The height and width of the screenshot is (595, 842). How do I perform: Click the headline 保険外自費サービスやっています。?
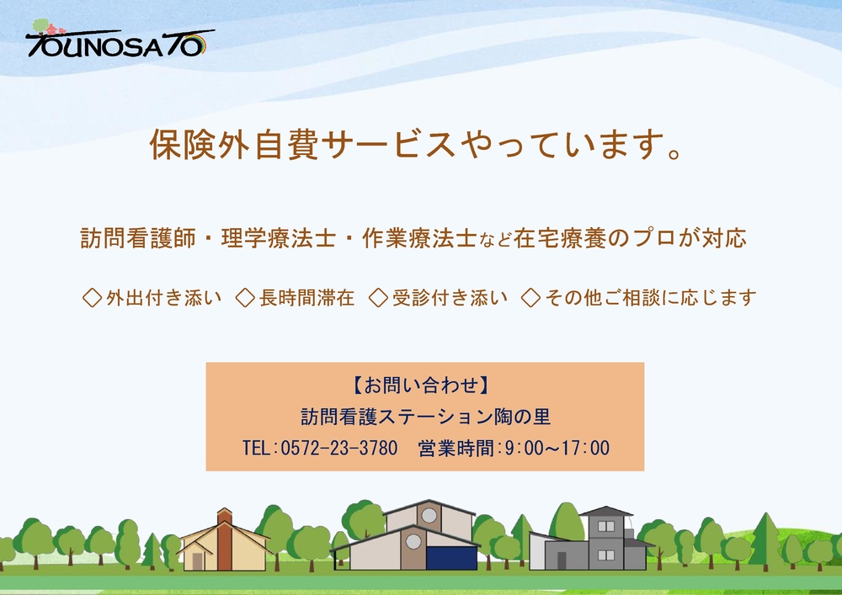(416, 144)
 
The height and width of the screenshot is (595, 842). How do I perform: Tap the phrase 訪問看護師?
(138, 238)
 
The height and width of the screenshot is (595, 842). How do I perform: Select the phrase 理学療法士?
(279, 238)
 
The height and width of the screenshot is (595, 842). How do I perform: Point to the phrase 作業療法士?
(420, 238)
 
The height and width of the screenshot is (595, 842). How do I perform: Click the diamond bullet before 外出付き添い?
(93, 297)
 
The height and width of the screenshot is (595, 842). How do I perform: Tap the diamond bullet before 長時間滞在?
(245, 297)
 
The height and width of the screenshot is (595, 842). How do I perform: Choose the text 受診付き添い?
(450, 297)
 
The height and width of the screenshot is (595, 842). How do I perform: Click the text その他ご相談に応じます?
(651, 297)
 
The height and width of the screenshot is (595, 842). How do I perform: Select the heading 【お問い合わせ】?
(421, 385)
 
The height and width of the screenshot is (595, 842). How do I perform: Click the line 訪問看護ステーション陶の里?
(425, 417)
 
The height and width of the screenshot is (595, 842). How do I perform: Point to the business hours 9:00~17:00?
(557, 448)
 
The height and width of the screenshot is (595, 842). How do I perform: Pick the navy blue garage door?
(451, 557)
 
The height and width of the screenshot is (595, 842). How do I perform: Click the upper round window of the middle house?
(429, 516)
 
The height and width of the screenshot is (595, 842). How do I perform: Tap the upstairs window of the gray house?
(606, 526)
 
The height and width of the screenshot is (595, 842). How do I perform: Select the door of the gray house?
(561, 560)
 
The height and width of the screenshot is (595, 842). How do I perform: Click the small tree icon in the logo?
(40, 25)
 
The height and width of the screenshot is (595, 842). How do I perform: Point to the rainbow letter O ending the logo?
(195, 46)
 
